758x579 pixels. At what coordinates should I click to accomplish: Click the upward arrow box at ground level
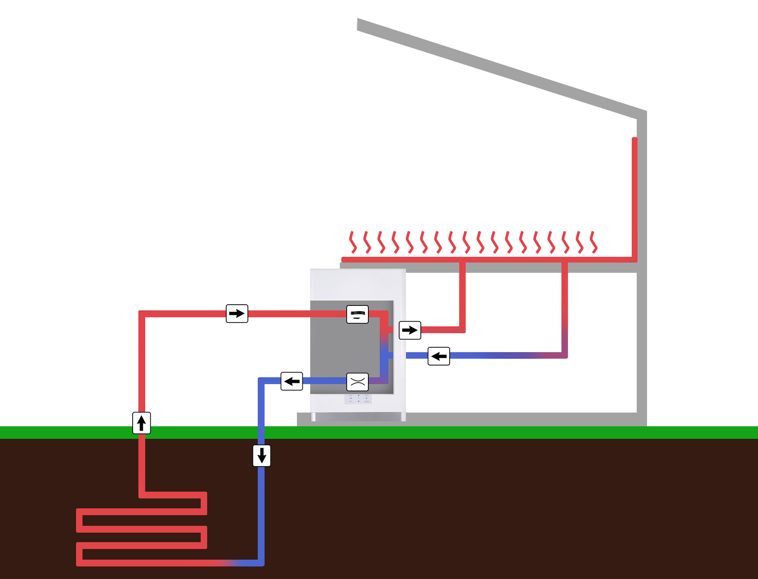(x=141, y=423)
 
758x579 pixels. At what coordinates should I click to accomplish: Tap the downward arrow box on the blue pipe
(x=261, y=455)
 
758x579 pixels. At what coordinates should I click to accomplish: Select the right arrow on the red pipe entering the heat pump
(x=237, y=313)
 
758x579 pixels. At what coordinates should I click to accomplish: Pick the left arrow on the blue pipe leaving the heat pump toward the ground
(x=292, y=381)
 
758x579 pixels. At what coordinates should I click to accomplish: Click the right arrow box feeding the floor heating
(x=410, y=330)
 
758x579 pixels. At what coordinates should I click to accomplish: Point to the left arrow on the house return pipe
(x=439, y=356)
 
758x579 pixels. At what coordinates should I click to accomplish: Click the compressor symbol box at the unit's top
(x=357, y=314)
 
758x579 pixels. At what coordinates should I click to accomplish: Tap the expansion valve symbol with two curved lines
(x=357, y=382)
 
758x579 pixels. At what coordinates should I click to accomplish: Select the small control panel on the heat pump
(x=358, y=399)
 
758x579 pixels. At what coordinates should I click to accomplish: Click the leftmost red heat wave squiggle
(x=353, y=242)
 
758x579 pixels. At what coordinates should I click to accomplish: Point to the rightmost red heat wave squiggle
(x=593, y=242)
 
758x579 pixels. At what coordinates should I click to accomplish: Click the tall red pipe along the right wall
(x=634, y=197)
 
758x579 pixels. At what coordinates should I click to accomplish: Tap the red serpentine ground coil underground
(x=141, y=529)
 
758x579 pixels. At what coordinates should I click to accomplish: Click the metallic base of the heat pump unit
(x=358, y=417)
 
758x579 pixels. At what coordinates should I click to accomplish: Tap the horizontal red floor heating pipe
(x=513, y=259)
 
